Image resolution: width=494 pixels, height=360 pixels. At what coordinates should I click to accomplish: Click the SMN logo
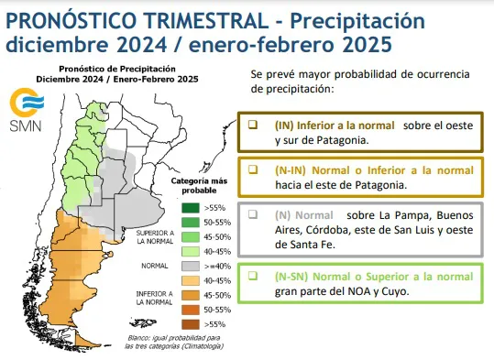pos(21,109)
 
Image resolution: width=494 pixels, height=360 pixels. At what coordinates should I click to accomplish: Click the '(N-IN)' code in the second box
pos(291,170)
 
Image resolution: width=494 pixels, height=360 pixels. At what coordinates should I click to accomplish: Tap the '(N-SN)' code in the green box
pos(291,276)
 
